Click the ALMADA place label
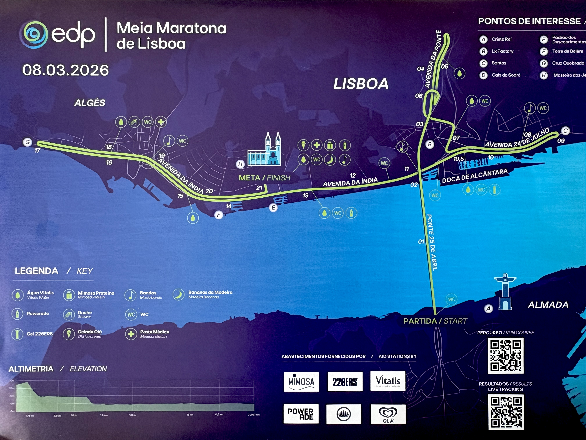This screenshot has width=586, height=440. click(548, 305)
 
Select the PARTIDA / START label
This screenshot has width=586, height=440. click(435, 321)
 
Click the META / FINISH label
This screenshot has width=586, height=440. click(264, 178)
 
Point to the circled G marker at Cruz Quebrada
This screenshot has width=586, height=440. click(28, 142)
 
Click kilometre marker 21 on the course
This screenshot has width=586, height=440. click(259, 188)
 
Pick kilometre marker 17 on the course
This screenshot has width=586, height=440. click(37, 151)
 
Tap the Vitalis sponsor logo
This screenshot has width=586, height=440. click(388, 381)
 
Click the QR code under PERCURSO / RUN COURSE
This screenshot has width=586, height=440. click(505, 356)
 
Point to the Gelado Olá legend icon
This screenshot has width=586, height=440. click(69, 334)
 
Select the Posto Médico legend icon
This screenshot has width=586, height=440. click(131, 334)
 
